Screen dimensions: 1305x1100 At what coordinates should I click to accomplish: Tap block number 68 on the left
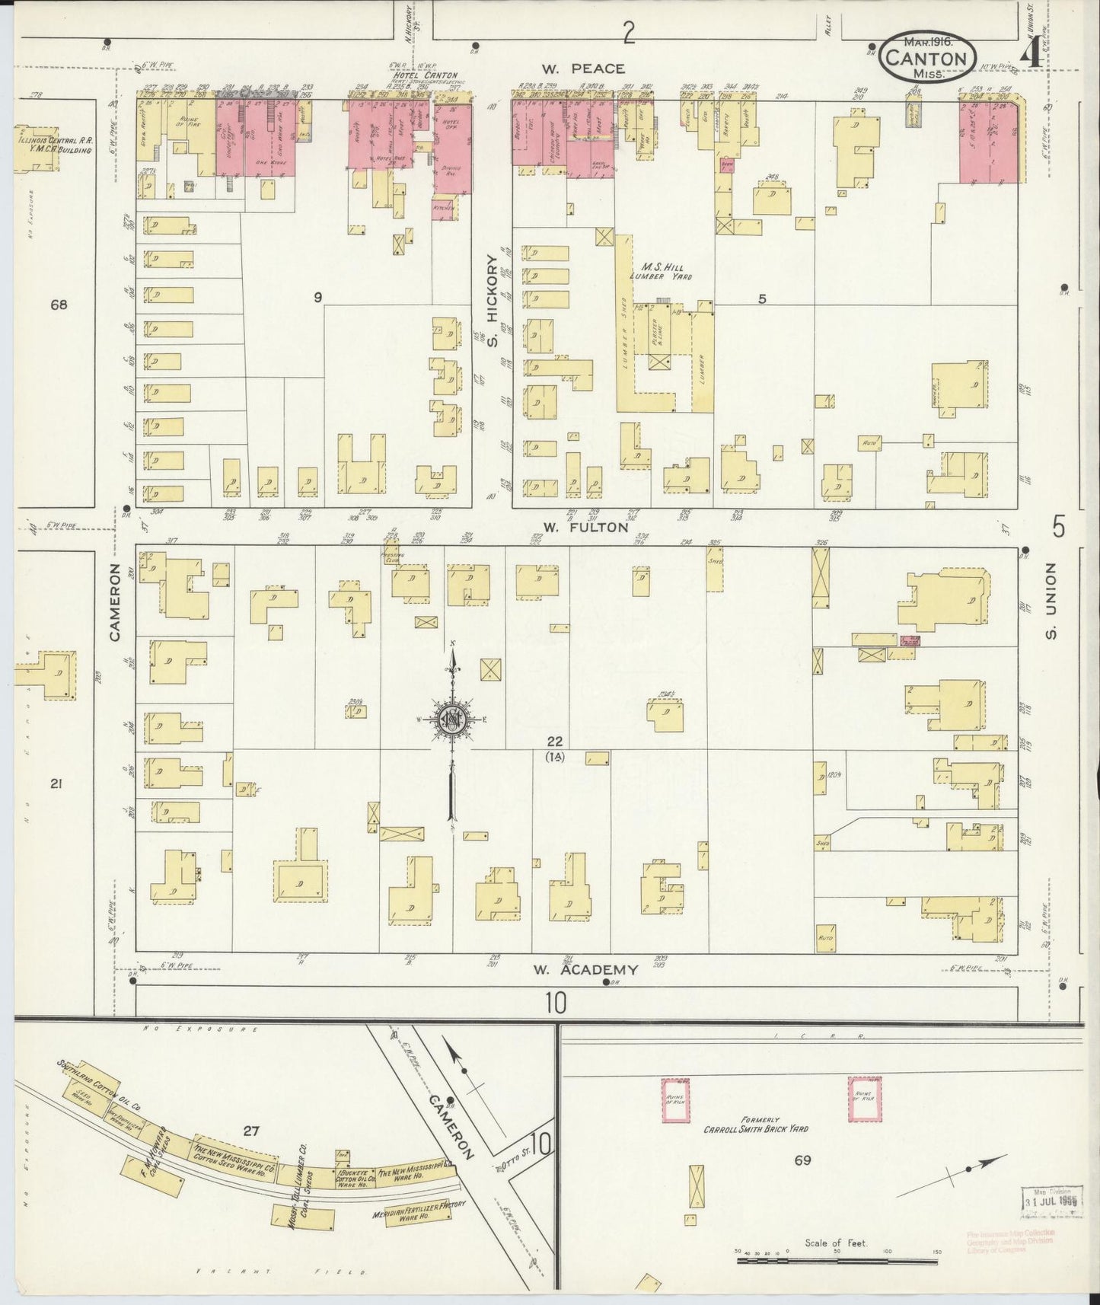pyautogui.click(x=59, y=305)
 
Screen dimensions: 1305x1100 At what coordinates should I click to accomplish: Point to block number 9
pyautogui.click(x=317, y=298)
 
